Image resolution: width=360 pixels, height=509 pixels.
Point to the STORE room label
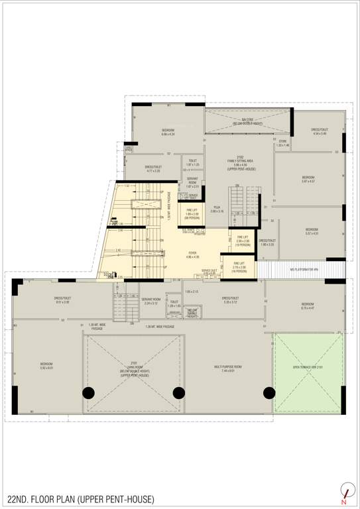tap(282, 142)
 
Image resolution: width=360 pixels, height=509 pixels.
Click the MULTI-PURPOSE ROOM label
tap(227, 367)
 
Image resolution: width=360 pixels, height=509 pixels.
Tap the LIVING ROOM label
tap(133, 365)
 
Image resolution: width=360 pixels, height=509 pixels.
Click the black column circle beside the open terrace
tap(269, 392)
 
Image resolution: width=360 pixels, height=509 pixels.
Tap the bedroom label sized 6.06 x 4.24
tap(168, 132)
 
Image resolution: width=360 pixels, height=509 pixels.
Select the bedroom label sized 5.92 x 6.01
tap(46, 365)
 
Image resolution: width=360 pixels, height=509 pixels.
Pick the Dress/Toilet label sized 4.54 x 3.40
tap(320, 132)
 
